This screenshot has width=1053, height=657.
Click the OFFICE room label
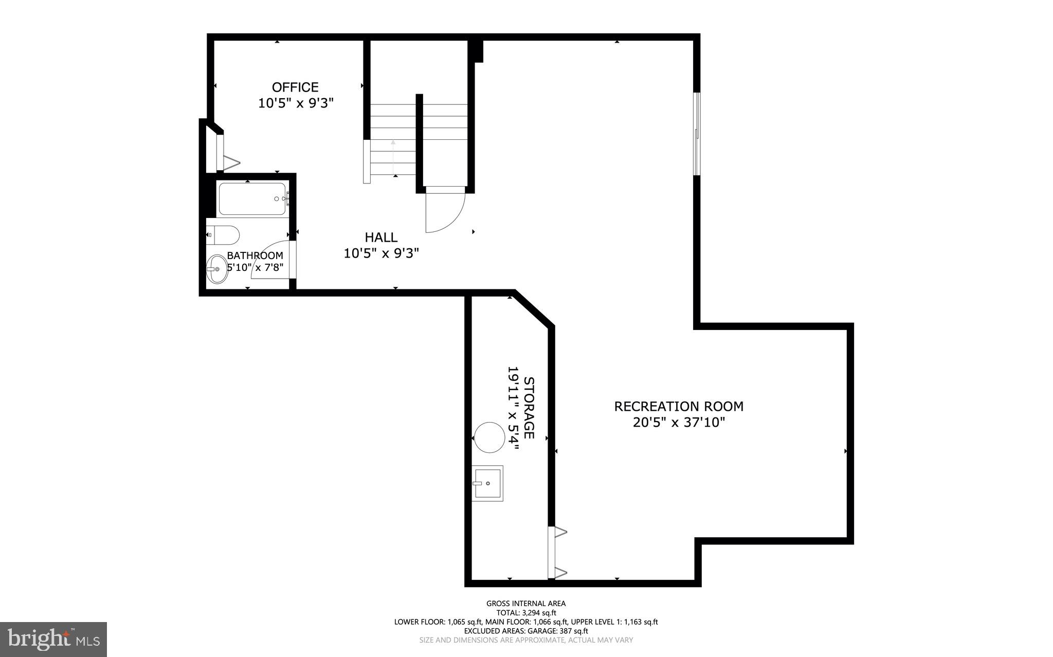295,87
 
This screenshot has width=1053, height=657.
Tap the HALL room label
381,237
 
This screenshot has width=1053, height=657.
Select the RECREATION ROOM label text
679,406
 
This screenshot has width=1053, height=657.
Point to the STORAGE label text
529,408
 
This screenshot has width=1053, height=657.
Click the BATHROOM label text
255,255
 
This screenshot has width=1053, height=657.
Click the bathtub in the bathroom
252,199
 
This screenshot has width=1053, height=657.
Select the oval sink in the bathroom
217,269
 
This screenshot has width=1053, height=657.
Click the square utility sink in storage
487,483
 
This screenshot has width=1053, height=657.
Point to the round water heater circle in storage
489,437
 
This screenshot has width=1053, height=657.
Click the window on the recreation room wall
697,134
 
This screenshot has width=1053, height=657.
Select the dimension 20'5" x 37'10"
679,423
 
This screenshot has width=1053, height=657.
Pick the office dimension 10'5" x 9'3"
296,103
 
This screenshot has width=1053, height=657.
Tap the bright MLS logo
53,639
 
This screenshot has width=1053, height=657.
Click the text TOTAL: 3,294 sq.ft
526,613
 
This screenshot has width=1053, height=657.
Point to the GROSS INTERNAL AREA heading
526,604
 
